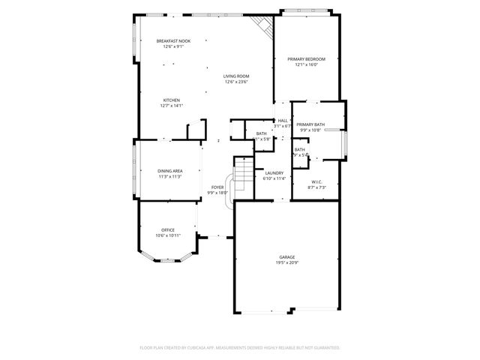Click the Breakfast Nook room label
tap(173, 40)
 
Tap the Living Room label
tap(236, 76)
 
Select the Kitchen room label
tap(172, 100)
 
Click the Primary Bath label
tap(310, 124)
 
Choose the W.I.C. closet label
tap(317, 181)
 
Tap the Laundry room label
tap(274, 172)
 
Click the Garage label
tap(287, 257)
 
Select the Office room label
tap(168, 229)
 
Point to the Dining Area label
tap(170, 170)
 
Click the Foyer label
tap(217, 187)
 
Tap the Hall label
tap(283, 121)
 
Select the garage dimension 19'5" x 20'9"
tap(287, 263)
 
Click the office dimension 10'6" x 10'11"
tap(168, 235)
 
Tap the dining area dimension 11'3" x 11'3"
tap(170, 177)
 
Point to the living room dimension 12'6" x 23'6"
tap(236, 82)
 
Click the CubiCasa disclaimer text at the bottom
tap(240, 348)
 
